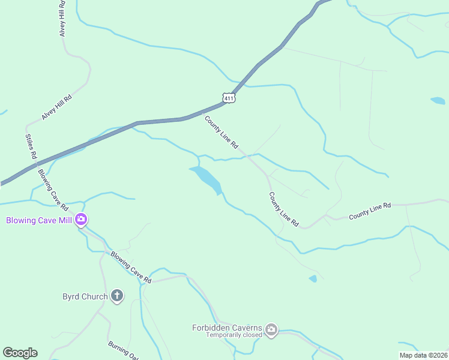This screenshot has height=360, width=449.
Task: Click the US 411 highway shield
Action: click(x=228, y=97)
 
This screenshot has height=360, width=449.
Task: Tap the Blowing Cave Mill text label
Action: click(x=39, y=220)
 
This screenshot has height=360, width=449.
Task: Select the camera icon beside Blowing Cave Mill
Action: click(x=81, y=220)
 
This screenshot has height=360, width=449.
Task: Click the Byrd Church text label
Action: click(x=85, y=296)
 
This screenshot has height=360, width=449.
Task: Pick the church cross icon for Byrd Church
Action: click(x=117, y=296)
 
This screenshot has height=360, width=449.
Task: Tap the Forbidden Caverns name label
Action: click(x=227, y=328)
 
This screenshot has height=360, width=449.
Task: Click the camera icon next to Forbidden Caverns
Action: click(x=271, y=329)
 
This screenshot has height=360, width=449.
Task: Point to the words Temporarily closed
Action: click(x=234, y=335)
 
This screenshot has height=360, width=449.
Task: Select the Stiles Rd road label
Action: click(x=31, y=146)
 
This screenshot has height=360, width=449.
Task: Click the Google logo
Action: click(x=20, y=353)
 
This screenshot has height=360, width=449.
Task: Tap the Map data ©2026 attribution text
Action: click(x=423, y=355)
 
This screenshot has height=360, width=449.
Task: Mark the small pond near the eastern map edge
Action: click(x=438, y=101)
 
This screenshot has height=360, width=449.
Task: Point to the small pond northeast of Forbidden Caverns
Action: click(x=313, y=278)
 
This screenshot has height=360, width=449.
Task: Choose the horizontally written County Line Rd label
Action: click(x=370, y=209)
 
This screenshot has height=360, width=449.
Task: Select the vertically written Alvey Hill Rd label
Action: click(x=62, y=19)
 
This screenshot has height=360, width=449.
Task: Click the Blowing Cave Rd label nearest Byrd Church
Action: click(x=130, y=267)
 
